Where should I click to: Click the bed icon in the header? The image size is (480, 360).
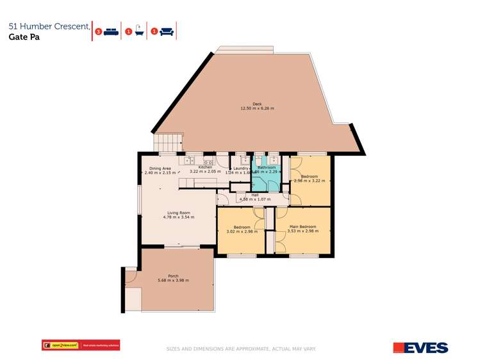click(x=112, y=31)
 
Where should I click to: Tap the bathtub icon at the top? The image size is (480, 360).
click(x=138, y=31)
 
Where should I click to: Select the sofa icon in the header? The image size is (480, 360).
click(x=166, y=31)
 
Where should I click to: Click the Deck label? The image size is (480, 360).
click(x=257, y=104)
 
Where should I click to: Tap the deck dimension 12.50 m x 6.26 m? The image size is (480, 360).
click(x=257, y=109)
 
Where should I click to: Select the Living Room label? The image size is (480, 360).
click(x=179, y=213)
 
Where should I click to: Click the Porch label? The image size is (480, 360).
click(x=164, y=276)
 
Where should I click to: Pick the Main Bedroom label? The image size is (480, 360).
click(x=302, y=227)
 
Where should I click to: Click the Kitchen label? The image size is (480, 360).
click(x=205, y=168)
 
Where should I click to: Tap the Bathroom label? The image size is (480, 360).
click(x=266, y=168)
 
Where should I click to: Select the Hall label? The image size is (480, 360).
click(x=254, y=195)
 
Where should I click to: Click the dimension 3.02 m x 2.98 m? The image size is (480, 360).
click(x=242, y=232)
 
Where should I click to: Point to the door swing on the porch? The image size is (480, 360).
click(x=129, y=277)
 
